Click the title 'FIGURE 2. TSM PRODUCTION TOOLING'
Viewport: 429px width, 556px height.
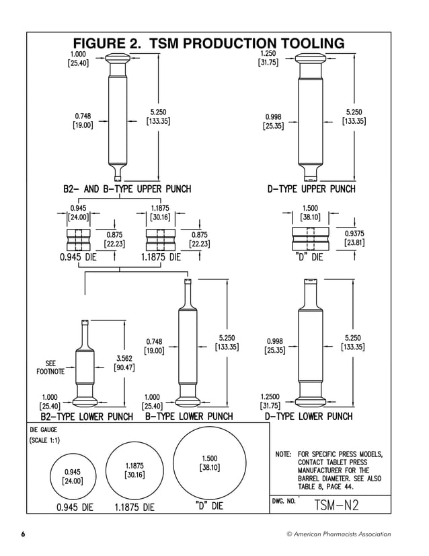click(x=208, y=44)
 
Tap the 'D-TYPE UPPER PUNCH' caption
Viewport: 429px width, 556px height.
click(x=311, y=189)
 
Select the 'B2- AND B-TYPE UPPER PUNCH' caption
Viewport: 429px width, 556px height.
click(x=127, y=189)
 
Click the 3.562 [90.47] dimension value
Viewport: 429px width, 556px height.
click(x=124, y=363)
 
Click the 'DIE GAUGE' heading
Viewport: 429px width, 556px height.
click(x=44, y=429)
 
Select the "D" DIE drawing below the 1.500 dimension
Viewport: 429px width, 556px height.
click(x=310, y=238)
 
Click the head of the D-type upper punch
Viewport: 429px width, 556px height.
click(x=311, y=58)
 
